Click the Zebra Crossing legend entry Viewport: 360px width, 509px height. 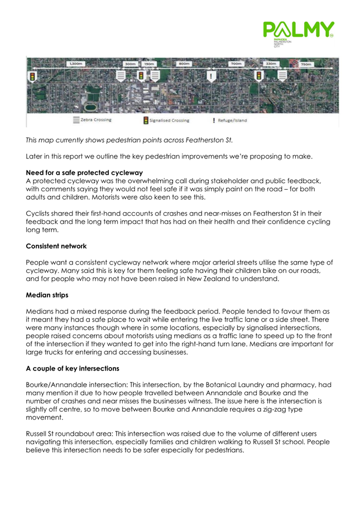(x=92, y=119)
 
